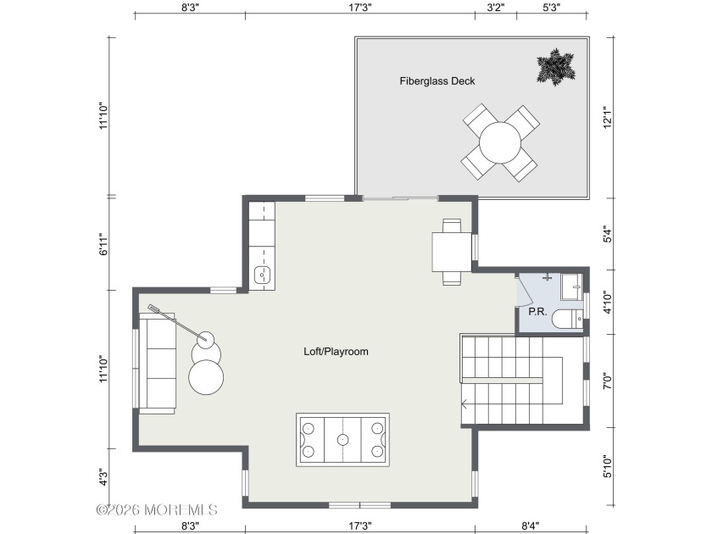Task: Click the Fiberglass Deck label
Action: pyautogui.click(x=437, y=81)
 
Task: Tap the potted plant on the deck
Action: pyautogui.click(x=554, y=67)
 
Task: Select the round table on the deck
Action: pyautogui.click(x=499, y=143)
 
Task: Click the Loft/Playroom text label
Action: pyautogui.click(x=337, y=351)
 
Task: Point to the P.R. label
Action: pyautogui.click(x=537, y=311)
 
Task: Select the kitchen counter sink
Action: pyautogui.click(x=263, y=274)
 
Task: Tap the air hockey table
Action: pyautogui.click(x=342, y=439)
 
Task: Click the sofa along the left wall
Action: pyautogui.click(x=157, y=363)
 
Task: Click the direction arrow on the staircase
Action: pyautogui.click(x=465, y=406)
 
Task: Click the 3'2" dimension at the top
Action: pyautogui.click(x=496, y=7)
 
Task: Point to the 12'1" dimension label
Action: pyautogui.click(x=604, y=117)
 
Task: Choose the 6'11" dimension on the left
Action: pyautogui.click(x=103, y=244)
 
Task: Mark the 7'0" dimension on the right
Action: pyautogui.click(x=604, y=381)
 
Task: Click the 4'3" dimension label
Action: pyautogui.click(x=103, y=477)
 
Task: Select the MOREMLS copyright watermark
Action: pyautogui.click(x=157, y=510)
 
